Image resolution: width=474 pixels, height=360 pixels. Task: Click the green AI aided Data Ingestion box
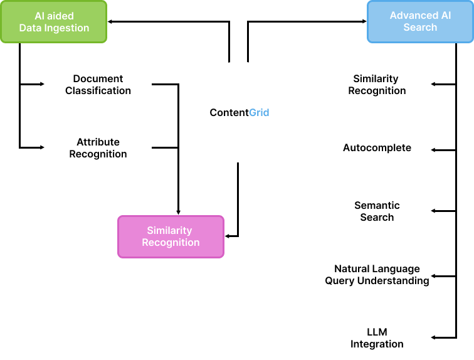tap(54, 21)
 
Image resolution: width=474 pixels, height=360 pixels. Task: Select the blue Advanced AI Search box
tap(420, 21)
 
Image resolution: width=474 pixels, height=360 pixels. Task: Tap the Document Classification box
tap(98, 85)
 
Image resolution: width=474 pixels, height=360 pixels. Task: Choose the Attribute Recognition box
tap(98, 148)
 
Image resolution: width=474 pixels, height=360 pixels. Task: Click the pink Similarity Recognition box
tap(171, 236)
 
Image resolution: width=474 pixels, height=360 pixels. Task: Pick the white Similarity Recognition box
tap(377, 85)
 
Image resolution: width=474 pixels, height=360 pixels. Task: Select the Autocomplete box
tap(377, 148)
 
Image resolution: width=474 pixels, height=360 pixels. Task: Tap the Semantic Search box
tap(377, 211)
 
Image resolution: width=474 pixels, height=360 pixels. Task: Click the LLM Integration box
tap(377, 338)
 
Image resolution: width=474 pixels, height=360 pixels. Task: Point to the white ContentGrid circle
tap(239, 113)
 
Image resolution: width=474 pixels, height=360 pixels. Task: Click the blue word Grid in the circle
tap(260, 113)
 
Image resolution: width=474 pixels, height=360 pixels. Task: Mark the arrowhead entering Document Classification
tap(41, 84)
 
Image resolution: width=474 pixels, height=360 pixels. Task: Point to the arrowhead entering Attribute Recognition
tap(41, 147)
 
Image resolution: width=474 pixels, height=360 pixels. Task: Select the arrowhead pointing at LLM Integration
tap(434, 338)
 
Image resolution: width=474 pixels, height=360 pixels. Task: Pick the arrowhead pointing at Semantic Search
tap(434, 211)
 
